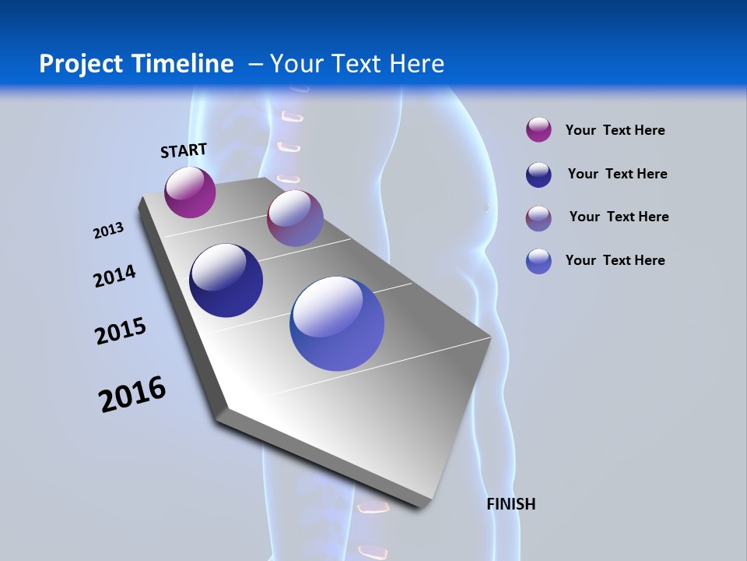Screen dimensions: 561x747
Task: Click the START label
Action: coord(184,150)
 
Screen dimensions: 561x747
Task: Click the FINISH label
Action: coord(510,504)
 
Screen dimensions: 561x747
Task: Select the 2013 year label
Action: coord(108,231)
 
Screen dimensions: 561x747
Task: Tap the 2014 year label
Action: coord(114,277)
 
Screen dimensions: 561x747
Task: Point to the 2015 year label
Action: coord(120,331)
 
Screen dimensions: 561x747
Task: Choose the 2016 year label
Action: coord(132,394)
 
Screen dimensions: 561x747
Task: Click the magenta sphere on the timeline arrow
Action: coord(190,192)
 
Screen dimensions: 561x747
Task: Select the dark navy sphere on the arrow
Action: coord(226,280)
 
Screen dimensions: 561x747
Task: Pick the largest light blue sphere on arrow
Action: coord(337,323)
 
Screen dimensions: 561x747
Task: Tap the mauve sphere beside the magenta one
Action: coord(295,219)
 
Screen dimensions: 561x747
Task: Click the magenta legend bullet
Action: coord(538,130)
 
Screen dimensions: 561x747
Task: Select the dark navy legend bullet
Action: coord(538,175)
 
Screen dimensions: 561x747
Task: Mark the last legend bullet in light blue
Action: coord(538,261)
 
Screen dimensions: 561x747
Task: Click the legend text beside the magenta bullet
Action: coord(615,130)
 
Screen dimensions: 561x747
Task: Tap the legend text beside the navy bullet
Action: coord(617,174)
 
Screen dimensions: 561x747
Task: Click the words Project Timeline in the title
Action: coord(136,64)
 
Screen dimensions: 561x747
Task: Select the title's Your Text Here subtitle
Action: coord(356,64)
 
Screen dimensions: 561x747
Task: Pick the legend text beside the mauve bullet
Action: coord(619,217)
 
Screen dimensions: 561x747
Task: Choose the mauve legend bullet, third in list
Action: coord(538,218)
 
